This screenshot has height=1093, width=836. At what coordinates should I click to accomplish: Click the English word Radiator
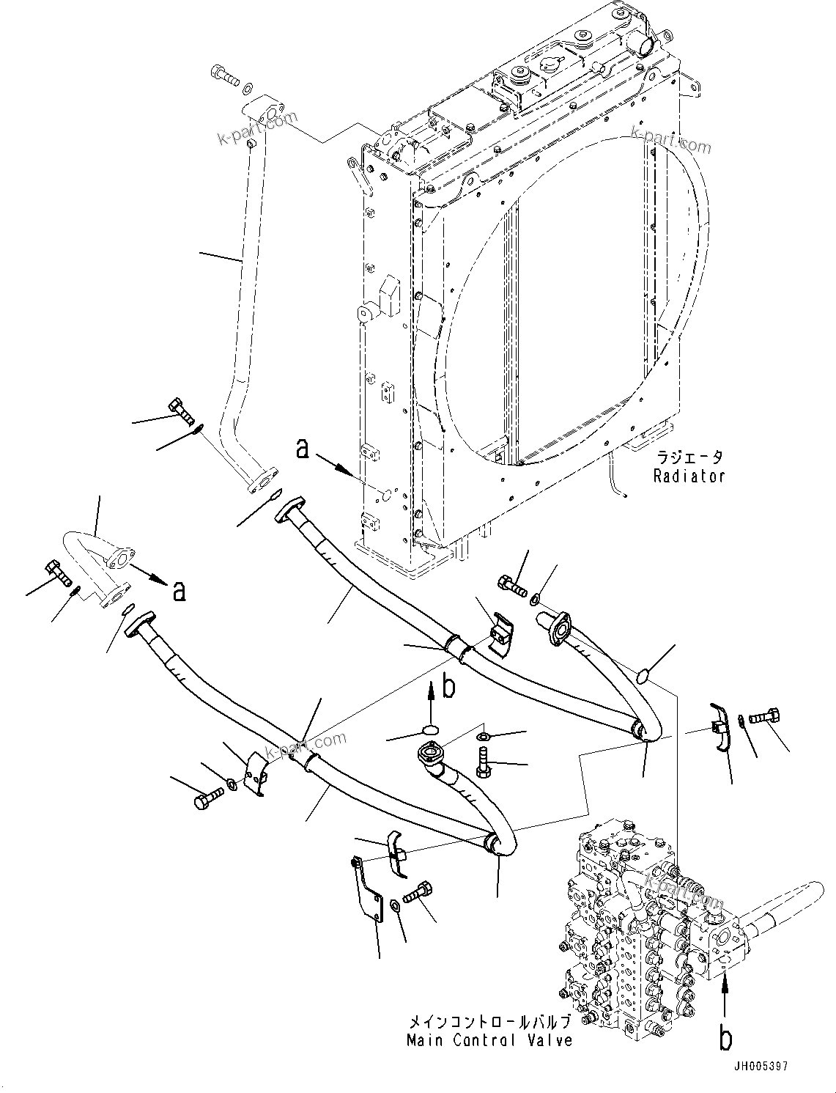[x=689, y=476]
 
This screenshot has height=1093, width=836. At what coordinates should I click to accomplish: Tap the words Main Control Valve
[x=489, y=1040]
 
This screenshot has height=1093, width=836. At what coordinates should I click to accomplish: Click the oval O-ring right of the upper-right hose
[x=643, y=675]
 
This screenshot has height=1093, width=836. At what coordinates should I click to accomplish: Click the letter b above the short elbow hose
[x=449, y=687]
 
